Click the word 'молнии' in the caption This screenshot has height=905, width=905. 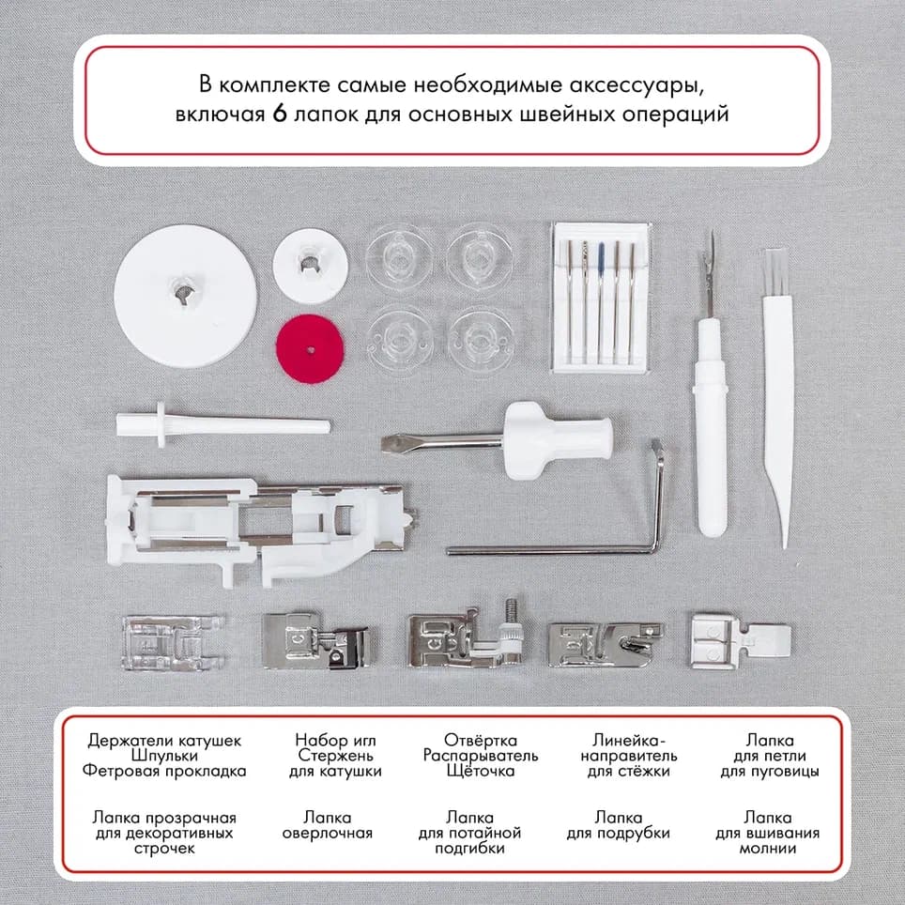(767, 849)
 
